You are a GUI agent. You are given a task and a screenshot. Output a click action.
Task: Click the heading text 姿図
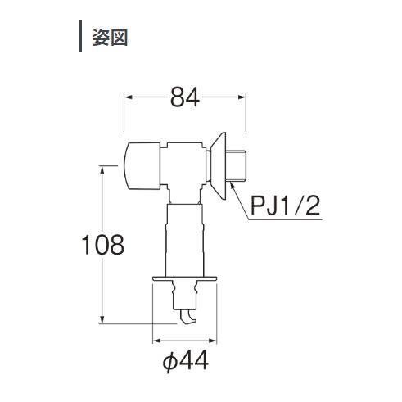[110, 37]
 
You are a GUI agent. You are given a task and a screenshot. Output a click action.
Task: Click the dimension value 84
[185, 97]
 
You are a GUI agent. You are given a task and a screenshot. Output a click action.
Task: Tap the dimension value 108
[103, 245]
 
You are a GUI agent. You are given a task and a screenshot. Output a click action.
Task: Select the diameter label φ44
[186, 362]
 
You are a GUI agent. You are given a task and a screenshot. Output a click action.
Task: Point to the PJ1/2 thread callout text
[285, 206]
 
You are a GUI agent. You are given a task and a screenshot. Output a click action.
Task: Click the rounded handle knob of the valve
[142, 166]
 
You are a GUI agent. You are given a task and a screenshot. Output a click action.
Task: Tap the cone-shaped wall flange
[219, 165]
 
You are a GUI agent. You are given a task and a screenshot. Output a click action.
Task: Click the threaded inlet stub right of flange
[237, 165]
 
